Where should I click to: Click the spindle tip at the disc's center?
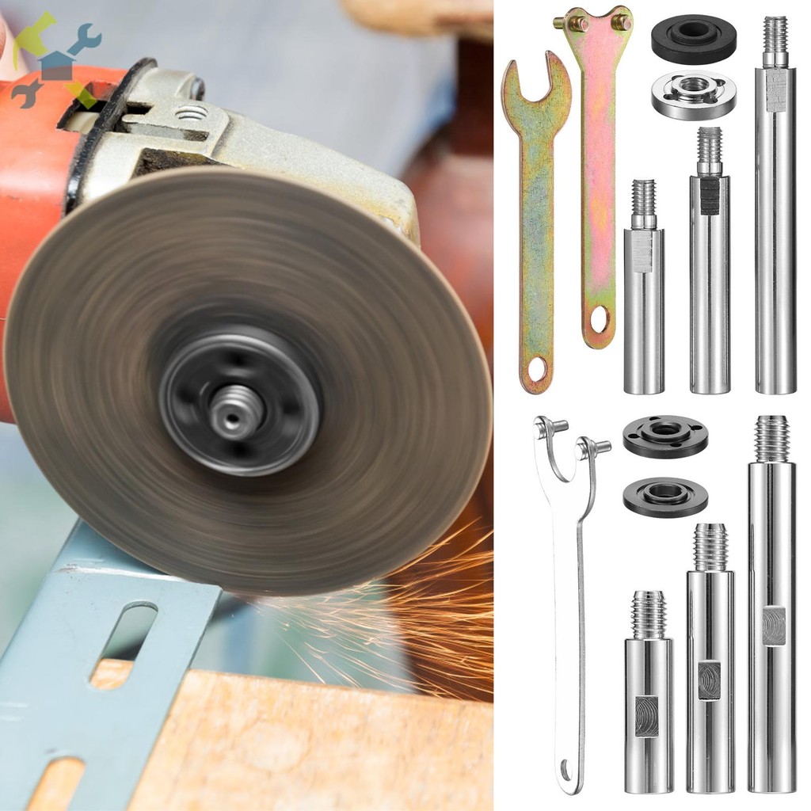(238, 410)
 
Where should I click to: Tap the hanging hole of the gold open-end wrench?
(537, 369)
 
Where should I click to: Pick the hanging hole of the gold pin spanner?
(599, 319)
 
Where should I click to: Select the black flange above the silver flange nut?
(694, 38)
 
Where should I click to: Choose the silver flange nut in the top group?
(694, 94)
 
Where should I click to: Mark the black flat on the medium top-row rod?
(710, 195)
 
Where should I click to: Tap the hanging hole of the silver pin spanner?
(566, 768)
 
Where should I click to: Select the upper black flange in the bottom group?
(665, 436)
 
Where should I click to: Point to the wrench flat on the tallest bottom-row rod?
(774, 626)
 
